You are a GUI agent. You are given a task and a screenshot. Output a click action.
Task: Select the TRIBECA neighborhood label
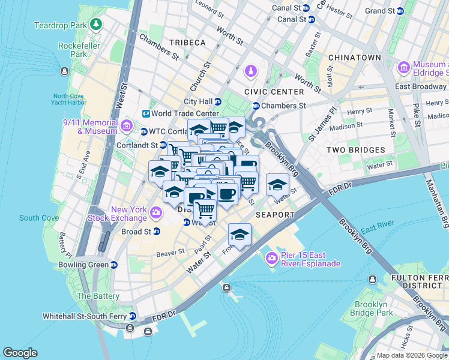[x=187, y=43]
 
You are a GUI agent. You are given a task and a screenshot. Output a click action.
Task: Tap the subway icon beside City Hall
[x=218, y=102]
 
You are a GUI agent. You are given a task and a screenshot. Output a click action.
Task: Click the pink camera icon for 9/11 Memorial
[x=126, y=126]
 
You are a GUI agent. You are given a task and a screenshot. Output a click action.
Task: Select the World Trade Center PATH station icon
[x=145, y=113]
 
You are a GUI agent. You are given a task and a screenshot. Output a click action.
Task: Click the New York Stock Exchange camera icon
[x=156, y=212]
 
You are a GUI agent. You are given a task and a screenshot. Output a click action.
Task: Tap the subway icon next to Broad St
[x=157, y=232]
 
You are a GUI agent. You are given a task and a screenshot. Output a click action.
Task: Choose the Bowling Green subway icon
[x=114, y=265]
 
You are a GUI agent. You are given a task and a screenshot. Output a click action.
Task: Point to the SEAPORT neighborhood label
[x=275, y=215]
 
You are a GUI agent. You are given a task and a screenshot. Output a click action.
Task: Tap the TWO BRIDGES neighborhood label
[x=355, y=150]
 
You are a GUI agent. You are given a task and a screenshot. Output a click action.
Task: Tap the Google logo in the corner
[x=20, y=353]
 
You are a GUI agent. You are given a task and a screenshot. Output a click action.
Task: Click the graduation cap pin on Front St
[x=240, y=235]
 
